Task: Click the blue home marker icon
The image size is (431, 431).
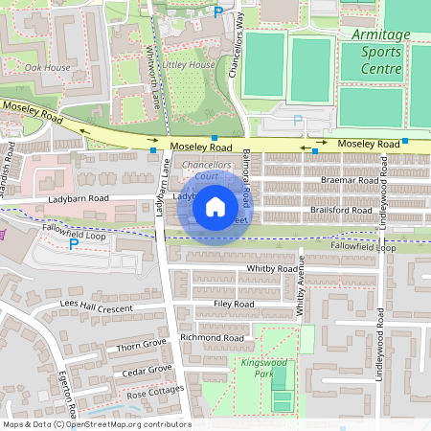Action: click(x=215, y=206)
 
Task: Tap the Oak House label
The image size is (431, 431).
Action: click(x=47, y=68)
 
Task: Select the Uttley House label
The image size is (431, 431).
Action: click(x=188, y=64)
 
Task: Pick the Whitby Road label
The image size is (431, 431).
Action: click(x=273, y=269)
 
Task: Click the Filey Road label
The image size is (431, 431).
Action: click(x=234, y=304)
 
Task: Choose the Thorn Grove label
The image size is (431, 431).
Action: click(x=141, y=344)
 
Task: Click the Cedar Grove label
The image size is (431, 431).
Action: click(x=147, y=371)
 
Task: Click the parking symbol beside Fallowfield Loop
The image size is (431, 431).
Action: click(x=74, y=243)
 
